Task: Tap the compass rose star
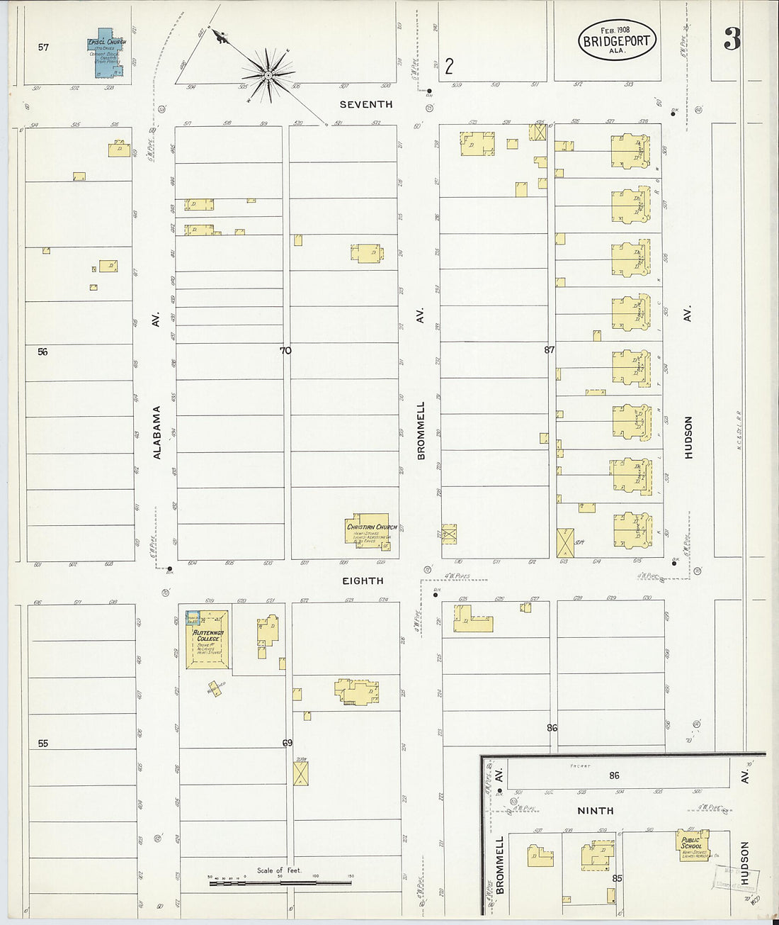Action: [x=268, y=74]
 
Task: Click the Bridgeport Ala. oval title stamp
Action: [x=616, y=40]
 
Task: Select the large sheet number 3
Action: [x=731, y=41]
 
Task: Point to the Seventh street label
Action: [x=365, y=104]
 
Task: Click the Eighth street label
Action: [x=363, y=581]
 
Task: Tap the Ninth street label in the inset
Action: [x=595, y=810]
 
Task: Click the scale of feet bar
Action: [x=279, y=883]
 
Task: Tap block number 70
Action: [x=285, y=350]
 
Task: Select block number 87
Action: [x=550, y=349]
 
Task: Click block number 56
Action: [x=42, y=352]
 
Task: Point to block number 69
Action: [x=287, y=743]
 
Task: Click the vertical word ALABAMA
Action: [x=157, y=432]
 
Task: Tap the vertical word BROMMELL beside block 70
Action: [x=421, y=430]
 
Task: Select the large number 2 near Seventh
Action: [x=449, y=67]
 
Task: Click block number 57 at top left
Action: [x=44, y=47]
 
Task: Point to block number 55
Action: [x=43, y=744]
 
